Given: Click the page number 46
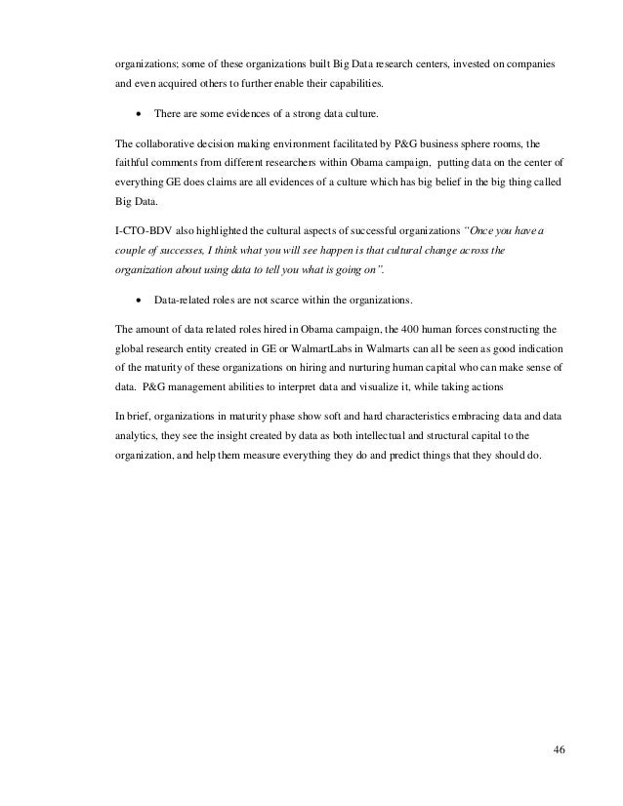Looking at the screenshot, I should point(559,750).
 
